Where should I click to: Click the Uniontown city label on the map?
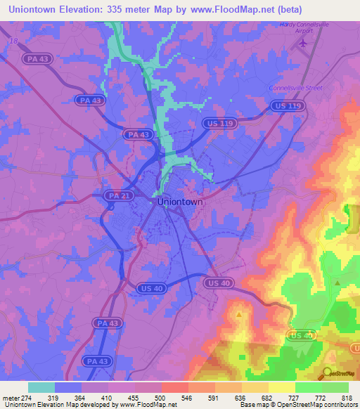tap(179, 202)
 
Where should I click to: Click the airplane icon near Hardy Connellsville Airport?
tap(303, 44)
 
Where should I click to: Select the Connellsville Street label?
tap(295, 88)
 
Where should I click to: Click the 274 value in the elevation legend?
tap(27, 397)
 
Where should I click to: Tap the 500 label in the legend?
tap(161, 397)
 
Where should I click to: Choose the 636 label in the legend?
tap(241, 397)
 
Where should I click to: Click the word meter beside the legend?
tap(11, 397)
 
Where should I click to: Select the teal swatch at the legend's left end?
tap(41, 387)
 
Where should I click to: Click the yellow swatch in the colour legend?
tap(282, 387)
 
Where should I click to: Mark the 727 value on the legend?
tap(295, 397)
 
